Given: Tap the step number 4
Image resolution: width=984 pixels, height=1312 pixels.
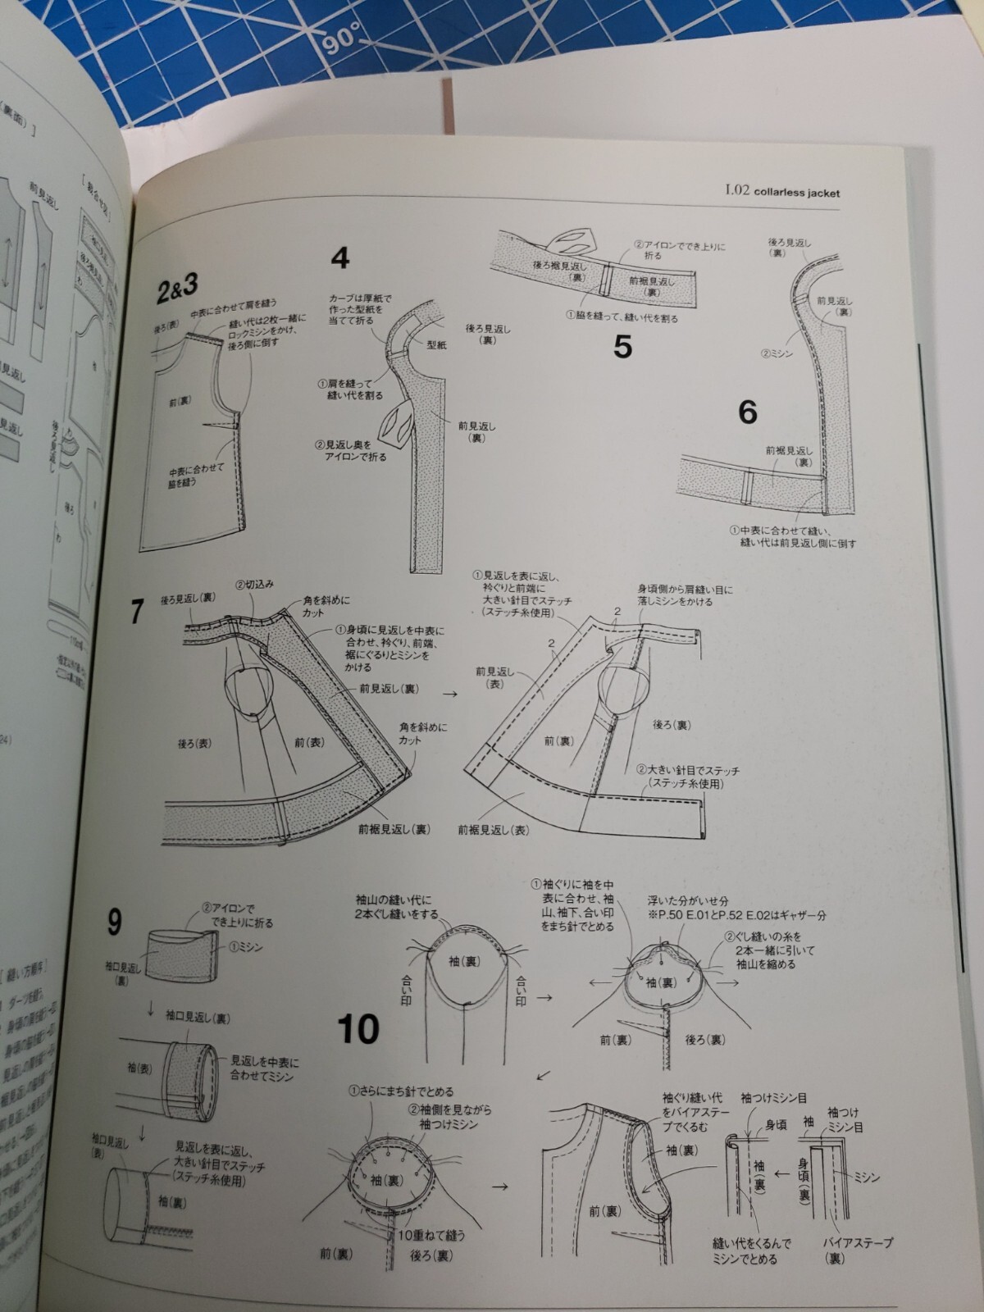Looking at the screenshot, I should click(x=340, y=257).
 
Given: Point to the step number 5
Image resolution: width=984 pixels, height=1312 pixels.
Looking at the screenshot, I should click(x=622, y=348).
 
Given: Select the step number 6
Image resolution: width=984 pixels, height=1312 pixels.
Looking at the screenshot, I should click(x=747, y=412).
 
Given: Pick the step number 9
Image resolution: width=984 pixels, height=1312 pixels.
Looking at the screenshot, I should click(x=114, y=924).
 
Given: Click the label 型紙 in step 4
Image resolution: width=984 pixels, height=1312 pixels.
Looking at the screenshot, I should click(x=436, y=345).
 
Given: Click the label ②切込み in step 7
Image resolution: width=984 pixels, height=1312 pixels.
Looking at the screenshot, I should click(x=254, y=585).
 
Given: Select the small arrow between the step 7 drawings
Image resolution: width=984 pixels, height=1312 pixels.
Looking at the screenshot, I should click(x=449, y=694).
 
